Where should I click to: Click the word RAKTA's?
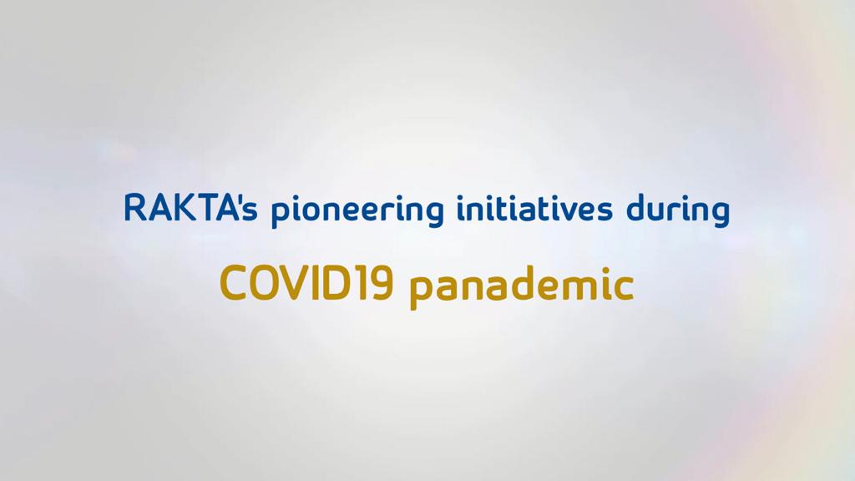[x=190, y=208]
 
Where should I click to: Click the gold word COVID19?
[x=306, y=282]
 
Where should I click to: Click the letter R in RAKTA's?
[x=135, y=208]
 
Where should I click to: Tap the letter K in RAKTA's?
[x=185, y=208]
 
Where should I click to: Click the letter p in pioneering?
[x=281, y=215]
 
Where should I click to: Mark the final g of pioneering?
[x=434, y=215]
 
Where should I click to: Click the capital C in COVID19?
[x=234, y=282]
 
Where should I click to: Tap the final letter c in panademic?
[x=623, y=287]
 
